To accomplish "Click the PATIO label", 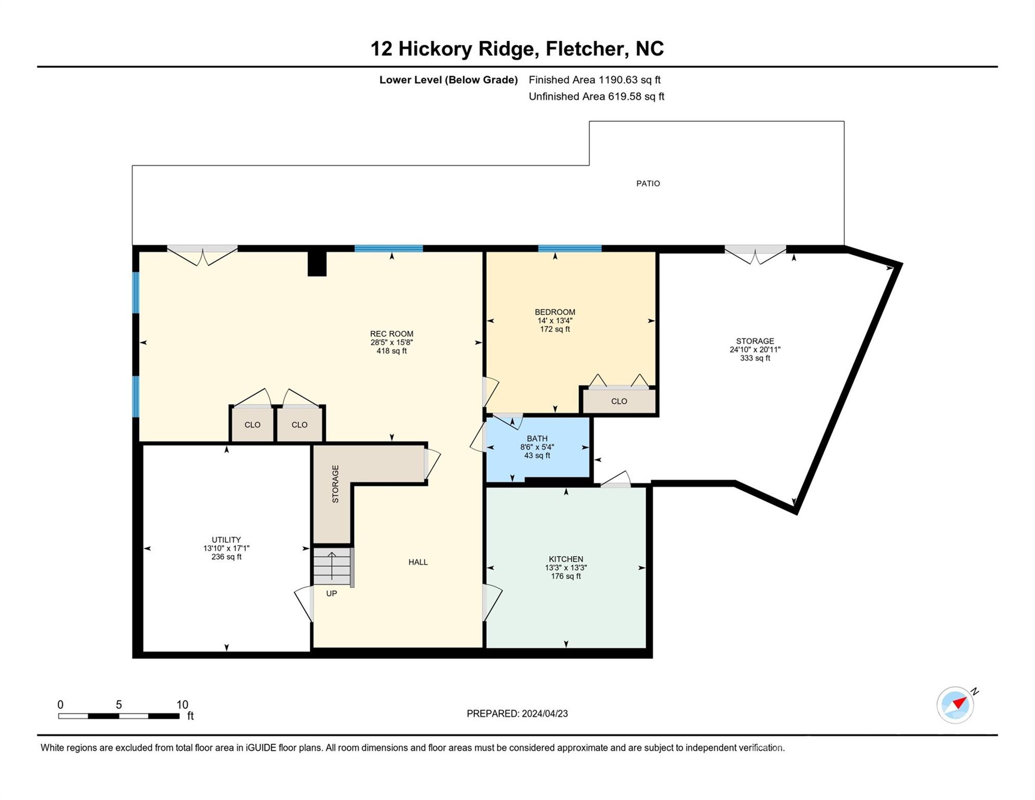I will pyautogui.click(x=648, y=183).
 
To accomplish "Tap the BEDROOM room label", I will pyautogui.click(x=555, y=312).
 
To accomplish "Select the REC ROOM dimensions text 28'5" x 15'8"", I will pyautogui.click(x=392, y=343).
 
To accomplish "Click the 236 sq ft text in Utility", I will pyautogui.click(x=226, y=557).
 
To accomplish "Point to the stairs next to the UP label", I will pyautogui.click(x=332, y=566).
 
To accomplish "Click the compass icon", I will pyautogui.click(x=955, y=705).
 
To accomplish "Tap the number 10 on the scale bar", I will pyautogui.click(x=182, y=705).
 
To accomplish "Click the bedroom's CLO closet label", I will pyautogui.click(x=619, y=401).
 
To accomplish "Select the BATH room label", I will pyautogui.click(x=537, y=439).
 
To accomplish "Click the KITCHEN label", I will pyautogui.click(x=565, y=559).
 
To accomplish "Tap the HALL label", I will pyautogui.click(x=418, y=562).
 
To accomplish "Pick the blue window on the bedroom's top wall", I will pyautogui.click(x=570, y=248).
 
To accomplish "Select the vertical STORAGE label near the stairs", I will pyautogui.click(x=335, y=483).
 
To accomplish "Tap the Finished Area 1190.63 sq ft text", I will pyautogui.click(x=594, y=80).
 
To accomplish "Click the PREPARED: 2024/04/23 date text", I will pyautogui.click(x=517, y=714).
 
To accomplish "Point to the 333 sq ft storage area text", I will pyautogui.click(x=754, y=358).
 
